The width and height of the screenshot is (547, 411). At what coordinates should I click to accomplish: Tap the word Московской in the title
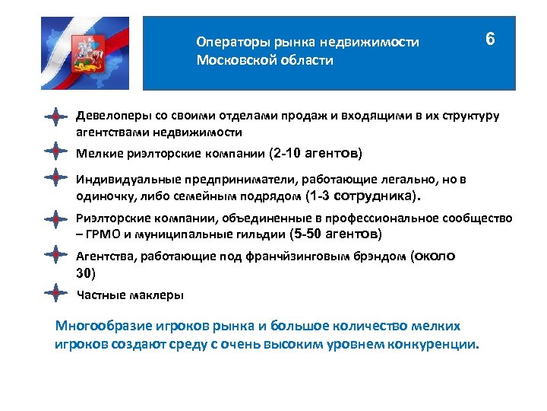(x=229, y=60)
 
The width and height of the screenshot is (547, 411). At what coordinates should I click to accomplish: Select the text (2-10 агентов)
(x=315, y=153)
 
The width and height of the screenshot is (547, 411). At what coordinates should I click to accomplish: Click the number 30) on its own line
(x=87, y=273)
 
